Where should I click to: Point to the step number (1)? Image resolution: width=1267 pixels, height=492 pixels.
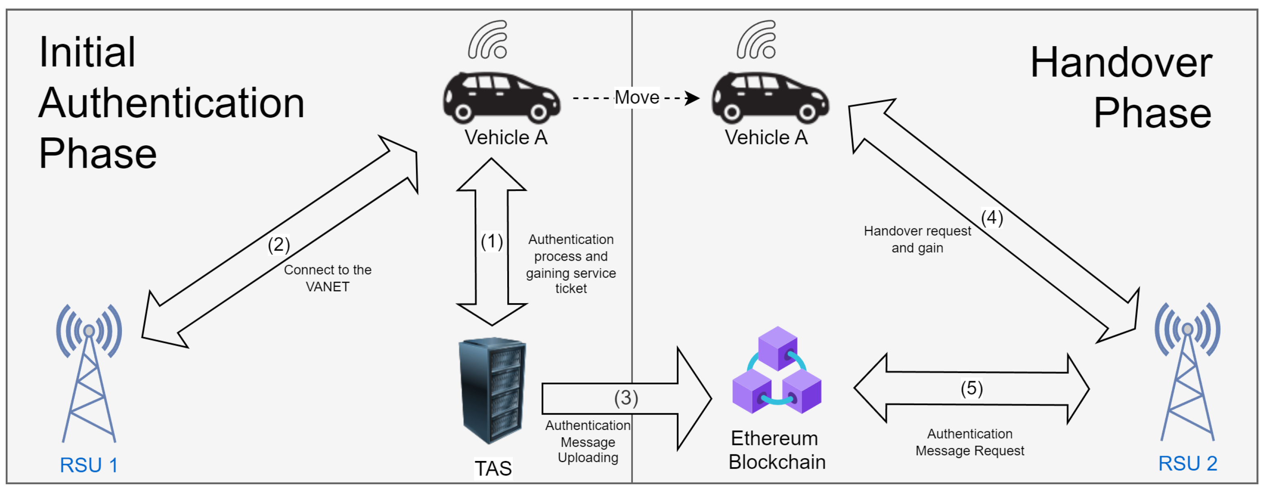click(x=492, y=242)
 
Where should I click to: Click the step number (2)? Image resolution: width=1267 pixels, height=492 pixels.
click(x=279, y=244)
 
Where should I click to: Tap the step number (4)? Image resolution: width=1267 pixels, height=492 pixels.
click(x=992, y=218)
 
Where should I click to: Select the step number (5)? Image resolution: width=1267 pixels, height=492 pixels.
click(x=971, y=389)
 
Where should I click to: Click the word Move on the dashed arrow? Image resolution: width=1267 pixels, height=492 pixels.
click(x=637, y=98)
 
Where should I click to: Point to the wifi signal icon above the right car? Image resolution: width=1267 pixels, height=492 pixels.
click(x=756, y=40)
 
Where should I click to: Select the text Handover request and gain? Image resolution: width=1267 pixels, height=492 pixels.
click(x=917, y=239)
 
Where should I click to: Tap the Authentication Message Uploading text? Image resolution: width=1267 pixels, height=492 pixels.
click(x=588, y=442)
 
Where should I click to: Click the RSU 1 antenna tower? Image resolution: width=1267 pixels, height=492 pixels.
click(x=89, y=374)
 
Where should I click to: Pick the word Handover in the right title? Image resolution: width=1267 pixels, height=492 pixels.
click(x=1121, y=63)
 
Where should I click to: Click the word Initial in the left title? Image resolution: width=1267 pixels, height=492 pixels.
click(x=87, y=53)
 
